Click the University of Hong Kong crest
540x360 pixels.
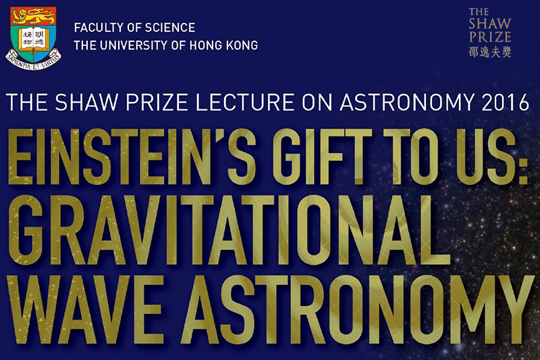point(33,38)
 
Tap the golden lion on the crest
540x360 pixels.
point(33,16)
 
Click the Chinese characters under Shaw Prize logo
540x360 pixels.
point(490,51)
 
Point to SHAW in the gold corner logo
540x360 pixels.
point(490,24)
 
